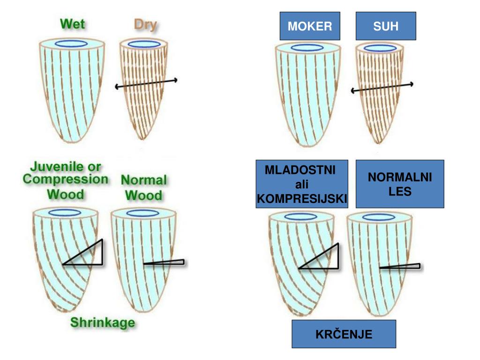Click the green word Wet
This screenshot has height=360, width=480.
[73, 23]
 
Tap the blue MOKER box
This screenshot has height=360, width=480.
[310, 26]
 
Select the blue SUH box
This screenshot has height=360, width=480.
[386, 26]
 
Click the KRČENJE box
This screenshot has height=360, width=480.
[344, 334]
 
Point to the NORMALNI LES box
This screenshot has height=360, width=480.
[399, 184]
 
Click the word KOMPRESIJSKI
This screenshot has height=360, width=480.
[302, 200]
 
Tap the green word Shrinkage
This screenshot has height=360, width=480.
[102, 322]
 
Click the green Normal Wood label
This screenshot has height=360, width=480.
[143, 187]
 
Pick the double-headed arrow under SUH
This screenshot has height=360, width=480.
[382, 87]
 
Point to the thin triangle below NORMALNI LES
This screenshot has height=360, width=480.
[401, 267]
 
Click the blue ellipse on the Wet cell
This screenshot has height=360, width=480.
[71, 44]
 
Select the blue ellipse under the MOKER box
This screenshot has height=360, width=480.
[307, 47]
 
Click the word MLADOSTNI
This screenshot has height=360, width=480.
[300, 170]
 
